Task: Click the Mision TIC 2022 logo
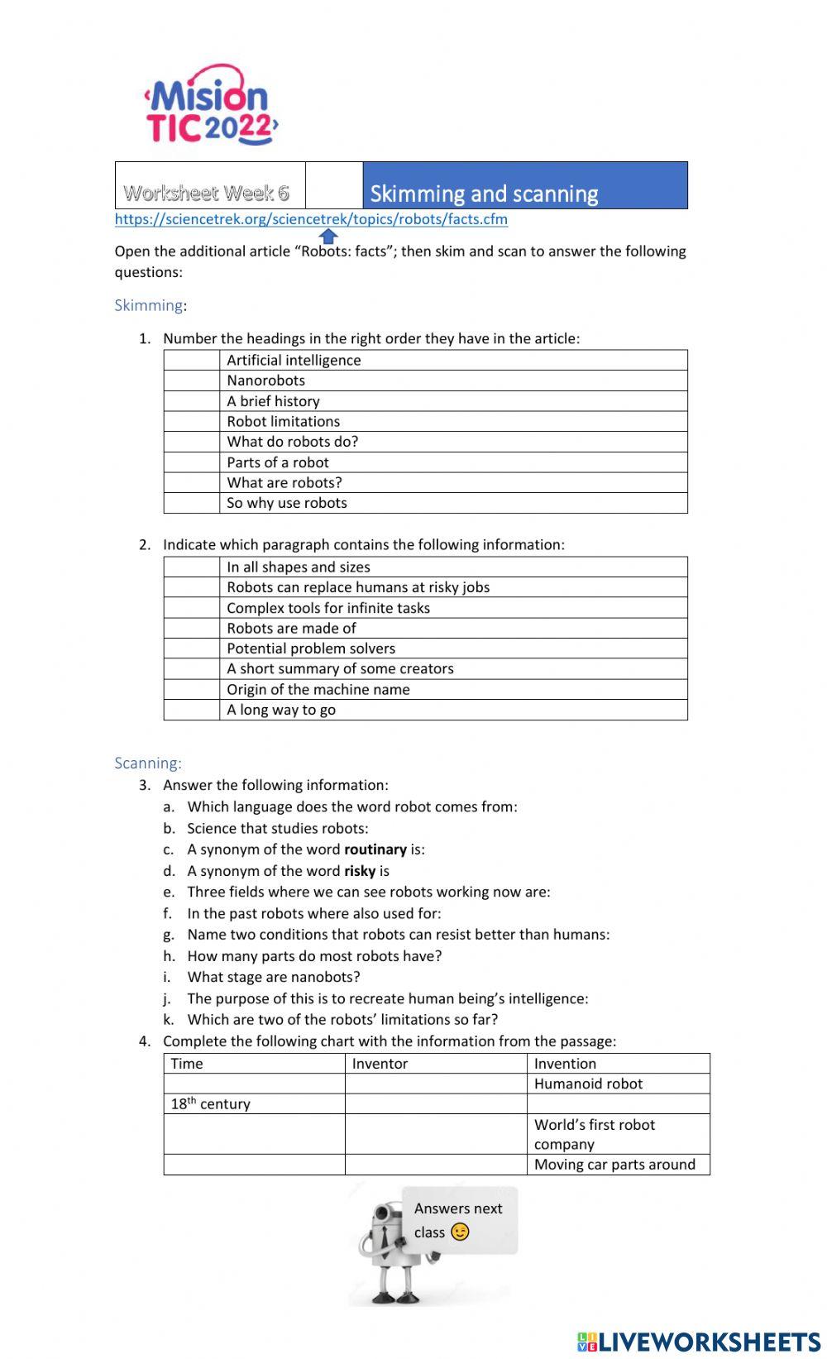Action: pyautogui.click(x=210, y=106)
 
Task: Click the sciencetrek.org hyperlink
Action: pyautogui.click(x=311, y=219)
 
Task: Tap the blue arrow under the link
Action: pyautogui.click(x=328, y=237)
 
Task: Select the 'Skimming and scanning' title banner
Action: pyautogui.click(x=524, y=186)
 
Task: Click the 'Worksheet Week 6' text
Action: pyautogui.click(x=206, y=193)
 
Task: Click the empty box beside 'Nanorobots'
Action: pyautogui.click(x=191, y=380)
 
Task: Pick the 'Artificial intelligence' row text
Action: pyautogui.click(x=294, y=360)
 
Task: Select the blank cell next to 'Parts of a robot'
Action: pyautogui.click(x=191, y=462)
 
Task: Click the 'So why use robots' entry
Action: pyautogui.click(x=287, y=503)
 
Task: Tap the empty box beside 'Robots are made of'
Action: pyautogui.click(x=191, y=629)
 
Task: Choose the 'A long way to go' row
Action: pyautogui.click(x=281, y=710)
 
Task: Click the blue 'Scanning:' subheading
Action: pyautogui.click(x=148, y=763)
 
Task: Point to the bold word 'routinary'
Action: pyautogui.click(x=375, y=849)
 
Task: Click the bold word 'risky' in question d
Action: pyautogui.click(x=360, y=871)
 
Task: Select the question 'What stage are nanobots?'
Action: pyautogui.click(x=274, y=977)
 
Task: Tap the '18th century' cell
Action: pyautogui.click(x=210, y=1104)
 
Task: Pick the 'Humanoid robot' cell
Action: pyautogui.click(x=588, y=1084)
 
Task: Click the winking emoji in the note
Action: pyautogui.click(x=460, y=1232)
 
